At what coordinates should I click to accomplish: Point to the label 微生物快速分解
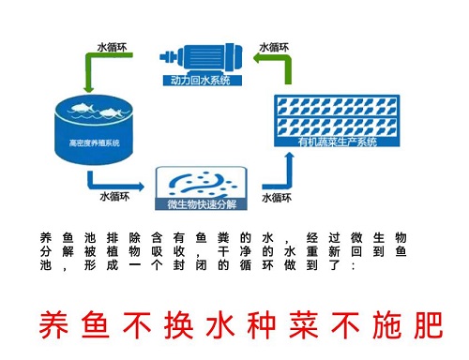tap(202, 203)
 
